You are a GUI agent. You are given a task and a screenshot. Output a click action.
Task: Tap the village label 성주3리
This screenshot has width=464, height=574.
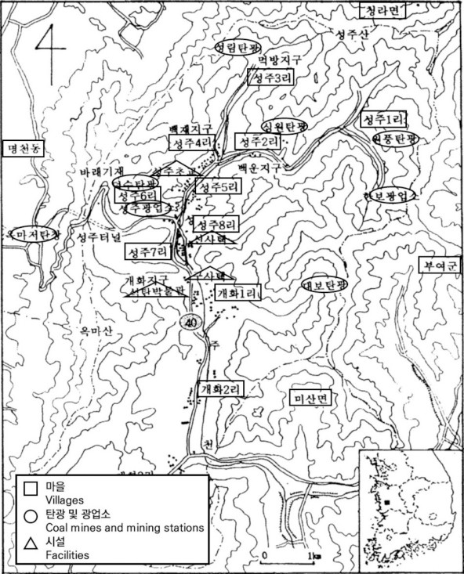click(266, 79)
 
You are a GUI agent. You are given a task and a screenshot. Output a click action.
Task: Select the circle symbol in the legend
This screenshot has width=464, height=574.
click(31, 516)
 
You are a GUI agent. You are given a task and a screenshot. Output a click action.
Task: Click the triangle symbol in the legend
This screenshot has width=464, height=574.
click(31, 543)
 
